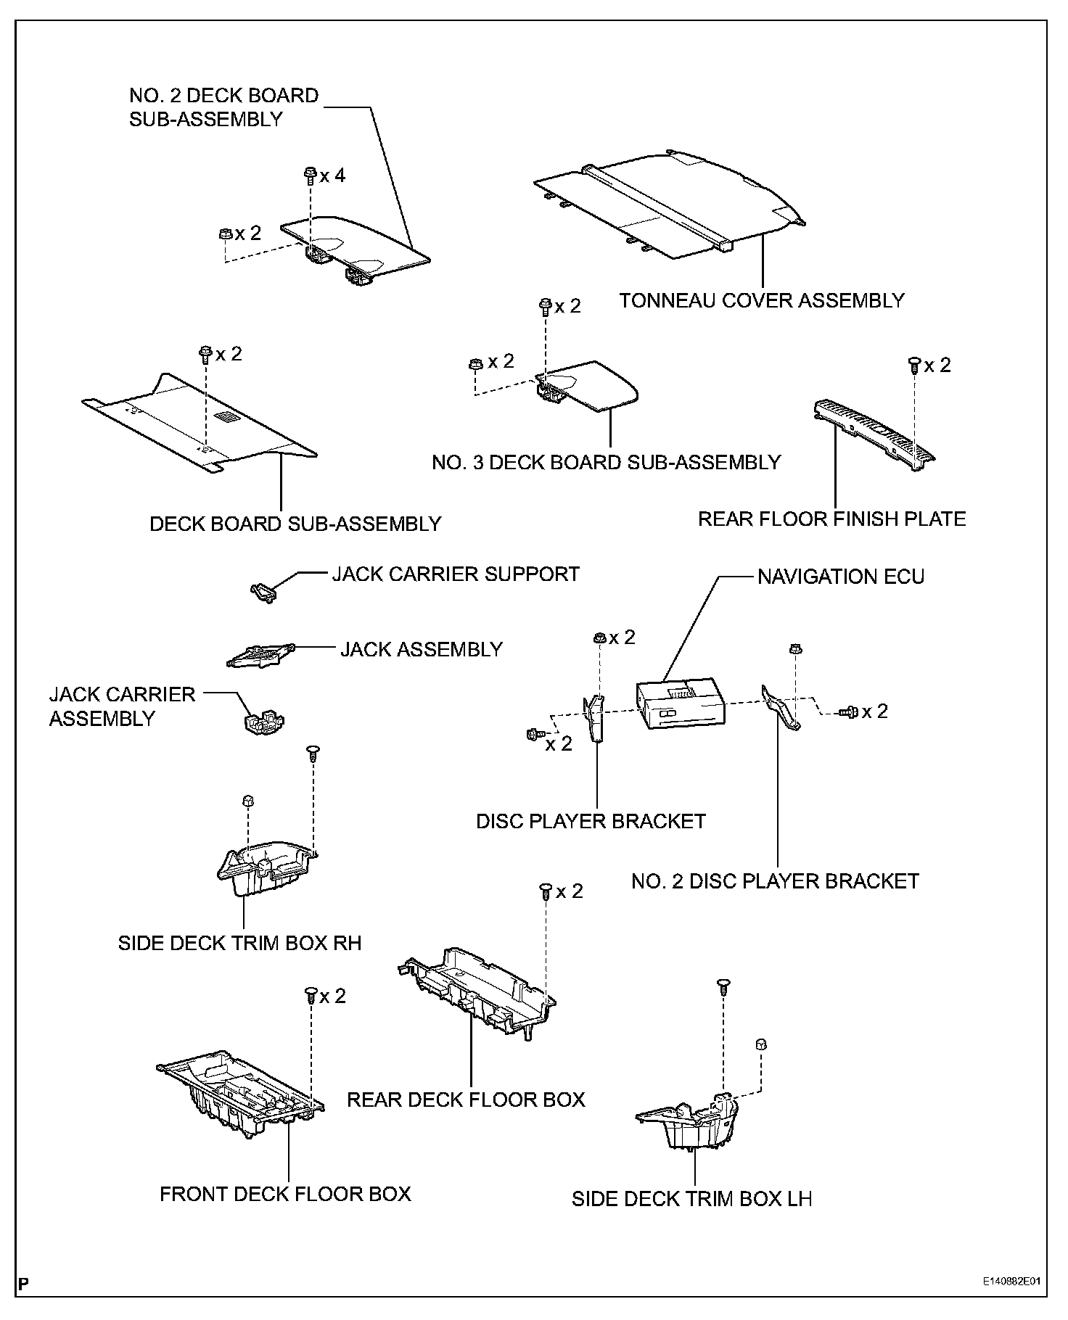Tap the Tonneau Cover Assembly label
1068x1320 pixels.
[x=762, y=300]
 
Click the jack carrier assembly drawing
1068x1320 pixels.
[x=262, y=722]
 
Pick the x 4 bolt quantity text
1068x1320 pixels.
[x=333, y=176]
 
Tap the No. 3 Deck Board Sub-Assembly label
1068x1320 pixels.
[x=606, y=462]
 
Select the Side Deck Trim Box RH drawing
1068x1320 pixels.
[x=265, y=867]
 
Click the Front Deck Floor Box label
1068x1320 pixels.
[x=285, y=1194]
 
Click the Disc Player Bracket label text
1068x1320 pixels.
[x=591, y=821]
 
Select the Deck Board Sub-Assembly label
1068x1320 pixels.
[x=295, y=524]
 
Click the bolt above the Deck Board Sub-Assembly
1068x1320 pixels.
[x=205, y=354]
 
